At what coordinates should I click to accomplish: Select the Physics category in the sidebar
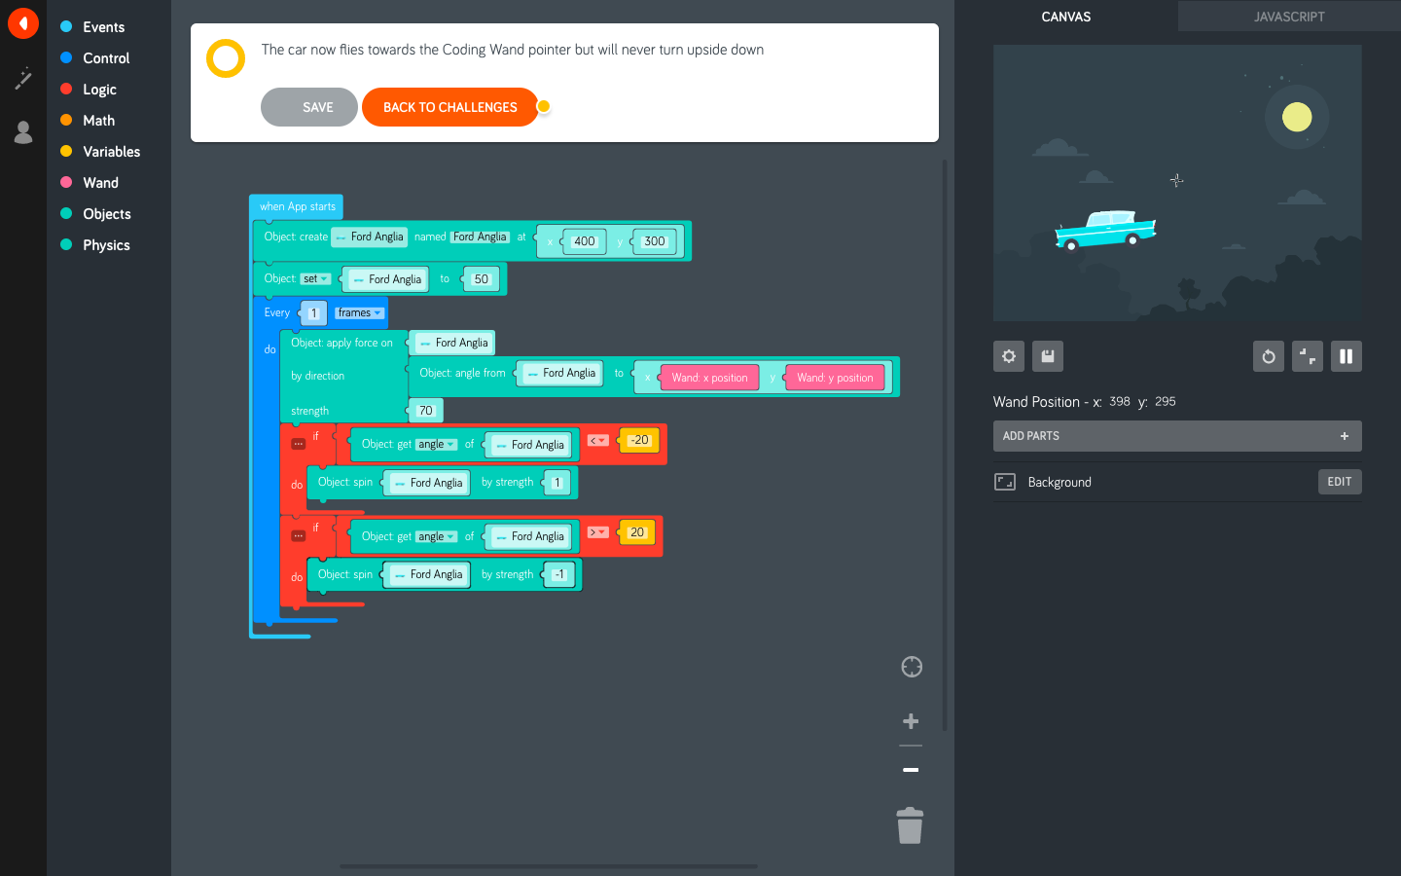(x=106, y=245)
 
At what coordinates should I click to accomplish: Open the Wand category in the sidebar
(x=100, y=183)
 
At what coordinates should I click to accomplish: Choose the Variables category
(x=111, y=152)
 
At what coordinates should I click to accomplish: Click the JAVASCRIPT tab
(x=1288, y=17)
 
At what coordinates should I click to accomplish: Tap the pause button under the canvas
(x=1346, y=356)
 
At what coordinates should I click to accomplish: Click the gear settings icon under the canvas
(x=1009, y=356)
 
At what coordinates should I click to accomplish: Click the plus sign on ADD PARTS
(x=1344, y=436)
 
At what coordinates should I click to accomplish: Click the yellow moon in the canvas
(x=1296, y=117)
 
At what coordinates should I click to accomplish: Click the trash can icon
(x=910, y=826)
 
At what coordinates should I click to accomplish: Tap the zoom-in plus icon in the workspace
(x=911, y=721)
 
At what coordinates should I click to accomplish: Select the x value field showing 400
(x=584, y=241)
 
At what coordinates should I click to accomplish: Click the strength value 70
(x=425, y=411)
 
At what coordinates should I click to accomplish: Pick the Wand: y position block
(x=835, y=378)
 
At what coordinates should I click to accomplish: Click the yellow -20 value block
(x=639, y=440)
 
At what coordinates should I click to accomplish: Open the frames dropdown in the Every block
(x=359, y=312)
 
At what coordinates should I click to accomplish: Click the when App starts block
(x=297, y=206)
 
